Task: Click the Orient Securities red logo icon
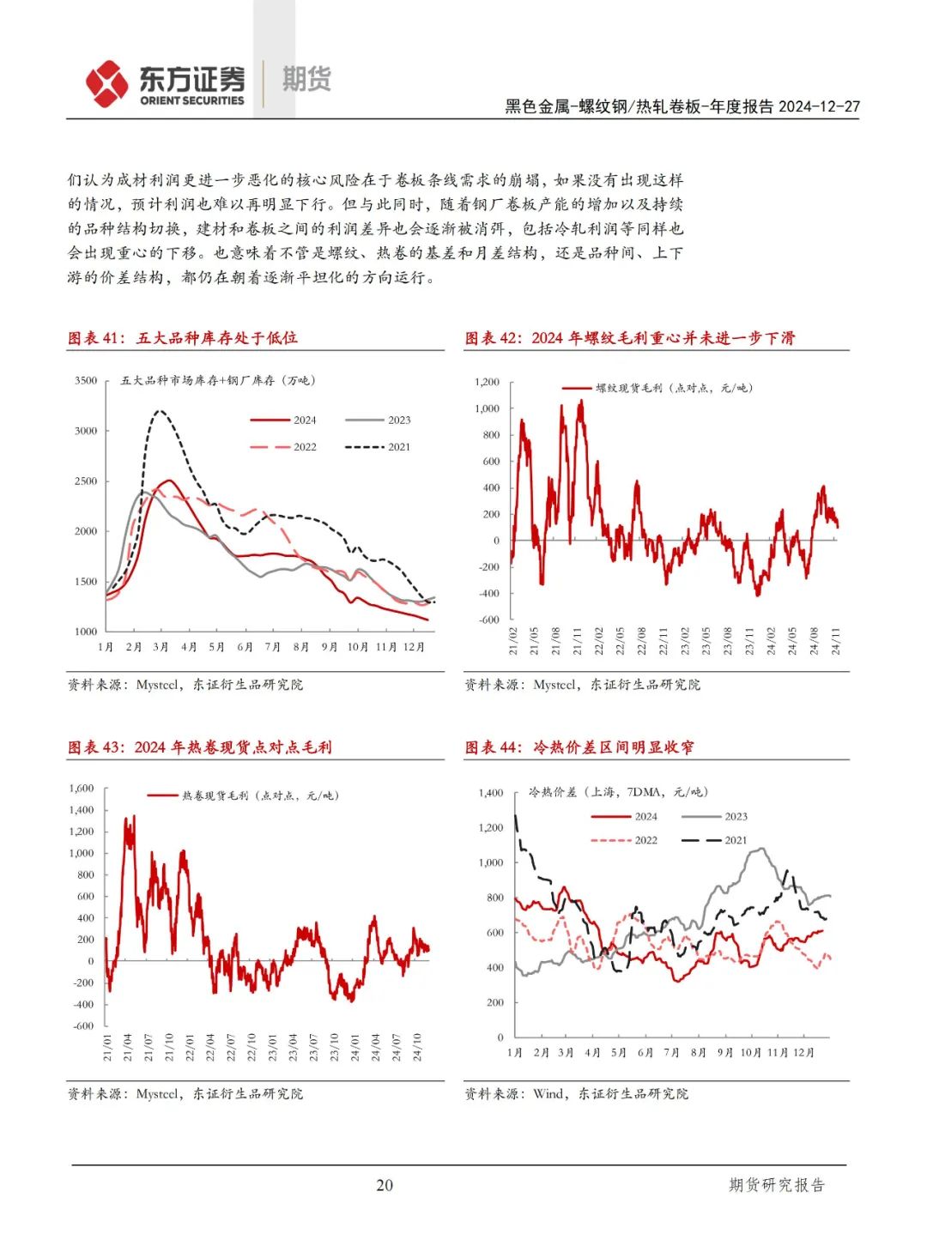pyautogui.click(x=106, y=83)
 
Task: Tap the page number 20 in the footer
pyautogui.click(x=385, y=1185)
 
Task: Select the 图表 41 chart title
pyautogui.click(x=183, y=338)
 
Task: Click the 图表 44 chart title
pyautogui.click(x=579, y=747)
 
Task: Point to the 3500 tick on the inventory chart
pyautogui.click(x=86, y=380)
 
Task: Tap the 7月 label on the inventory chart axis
pyautogui.click(x=273, y=647)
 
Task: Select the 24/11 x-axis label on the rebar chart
pyautogui.click(x=836, y=641)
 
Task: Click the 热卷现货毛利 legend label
pyautogui.click(x=259, y=795)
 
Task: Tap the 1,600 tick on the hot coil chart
pyautogui.click(x=82, y=788)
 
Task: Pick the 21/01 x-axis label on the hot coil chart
pyautogui.click(x=107, y=1047)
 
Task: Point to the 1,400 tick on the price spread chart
pyautogui.click(x=491, y=793)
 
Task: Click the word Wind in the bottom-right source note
pyautogui.click(x=548, y=1093)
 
